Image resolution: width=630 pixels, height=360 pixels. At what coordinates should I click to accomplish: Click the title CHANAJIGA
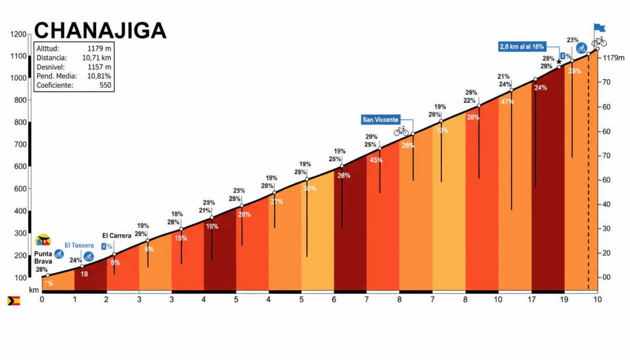point(100,30)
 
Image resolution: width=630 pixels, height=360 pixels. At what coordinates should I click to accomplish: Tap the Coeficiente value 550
point(105,86)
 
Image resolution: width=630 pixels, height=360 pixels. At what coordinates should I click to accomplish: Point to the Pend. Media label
point(56,76)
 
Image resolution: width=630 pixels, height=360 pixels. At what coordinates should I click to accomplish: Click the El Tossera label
point(79,245)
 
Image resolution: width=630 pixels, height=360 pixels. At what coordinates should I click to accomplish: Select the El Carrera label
point(117,236)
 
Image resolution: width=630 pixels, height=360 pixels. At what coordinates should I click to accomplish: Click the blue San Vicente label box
point(381,120)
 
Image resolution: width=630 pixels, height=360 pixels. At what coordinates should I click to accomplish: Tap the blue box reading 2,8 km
point(523,46)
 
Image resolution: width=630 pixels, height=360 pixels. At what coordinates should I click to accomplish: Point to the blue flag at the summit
point(600,27)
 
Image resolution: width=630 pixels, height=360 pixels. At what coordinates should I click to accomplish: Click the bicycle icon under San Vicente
point(401,131)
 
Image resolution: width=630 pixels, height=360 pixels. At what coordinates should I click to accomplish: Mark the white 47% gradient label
point(507,102)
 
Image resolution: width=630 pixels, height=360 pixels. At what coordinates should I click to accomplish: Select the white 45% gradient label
point(376,160)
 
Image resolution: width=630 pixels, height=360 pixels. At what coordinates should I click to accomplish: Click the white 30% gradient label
point(310,188)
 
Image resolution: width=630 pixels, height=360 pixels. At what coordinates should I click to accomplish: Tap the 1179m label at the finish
point(613,58)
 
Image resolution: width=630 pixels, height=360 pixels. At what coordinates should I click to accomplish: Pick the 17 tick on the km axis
point(532,299)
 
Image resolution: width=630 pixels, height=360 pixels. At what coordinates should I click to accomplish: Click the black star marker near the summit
point(559,62)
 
